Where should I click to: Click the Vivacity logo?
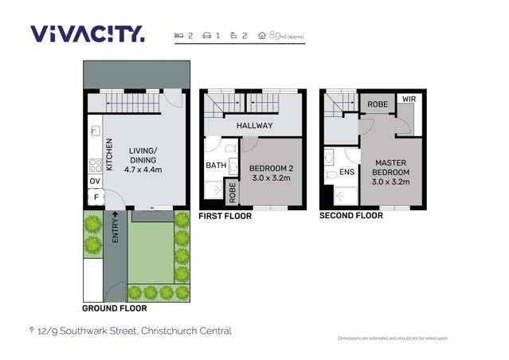(x=87, y=34)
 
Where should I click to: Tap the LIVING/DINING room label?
(x=143, y=160)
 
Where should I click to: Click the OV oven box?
(x=95, y=182)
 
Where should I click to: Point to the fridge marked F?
(x=95, y=197)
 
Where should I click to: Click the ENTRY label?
(x=116, y=229)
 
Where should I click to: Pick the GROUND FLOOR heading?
(x=115, y=308)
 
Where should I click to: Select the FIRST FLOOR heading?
(x=225, y=216)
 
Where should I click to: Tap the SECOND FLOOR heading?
(x=350, y=216)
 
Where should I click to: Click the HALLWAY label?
(x=254, y=126)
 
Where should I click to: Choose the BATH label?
(x=216, y=166)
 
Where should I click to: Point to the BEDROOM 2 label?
(x=272, y=173)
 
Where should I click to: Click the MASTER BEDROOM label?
(x=390, y=172)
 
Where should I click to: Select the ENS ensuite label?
(x=347, y=172)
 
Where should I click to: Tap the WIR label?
(x=409, y=100)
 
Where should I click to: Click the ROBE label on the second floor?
(x=378, y=104)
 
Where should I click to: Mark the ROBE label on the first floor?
(x=233, y=191)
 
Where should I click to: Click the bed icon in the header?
(x=179, y=36)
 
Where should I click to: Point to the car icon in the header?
(x=207, y=36)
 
